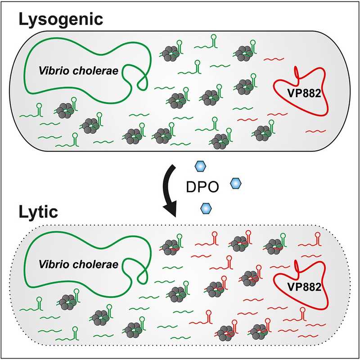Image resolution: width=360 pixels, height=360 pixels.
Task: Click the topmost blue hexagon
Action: coord(199,167)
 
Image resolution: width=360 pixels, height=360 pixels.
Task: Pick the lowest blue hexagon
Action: coord(206,207)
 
